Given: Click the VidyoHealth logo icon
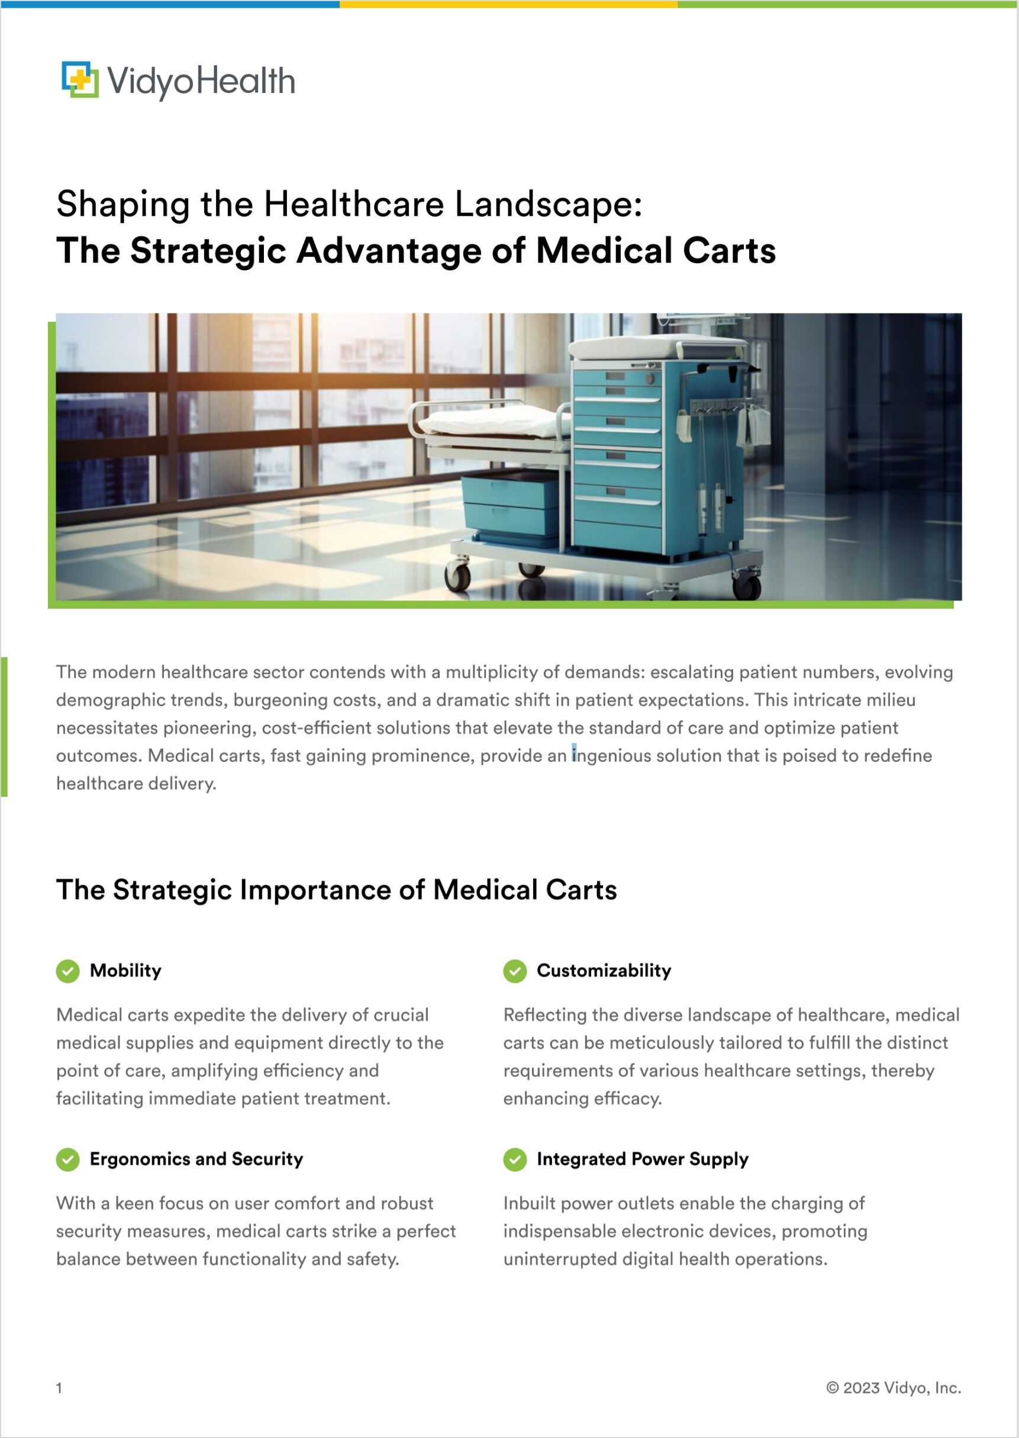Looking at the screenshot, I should (x=80, y=80).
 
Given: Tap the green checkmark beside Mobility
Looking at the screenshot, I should (x=68, y=971).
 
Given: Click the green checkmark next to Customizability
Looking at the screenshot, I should (x=514, y=971).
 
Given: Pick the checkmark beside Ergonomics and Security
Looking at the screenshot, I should (x=68, y=1159).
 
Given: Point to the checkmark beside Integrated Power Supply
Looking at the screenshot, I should (x=514, y=1159).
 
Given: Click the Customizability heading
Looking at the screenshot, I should (x=604, y=971).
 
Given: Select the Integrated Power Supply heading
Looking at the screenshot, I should (x=643, y=1159).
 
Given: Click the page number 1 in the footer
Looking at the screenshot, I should (x=59, y=1388).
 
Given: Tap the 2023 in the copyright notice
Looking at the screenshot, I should (x=861, y=1388).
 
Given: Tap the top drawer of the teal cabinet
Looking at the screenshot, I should (x=617, y=377).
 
